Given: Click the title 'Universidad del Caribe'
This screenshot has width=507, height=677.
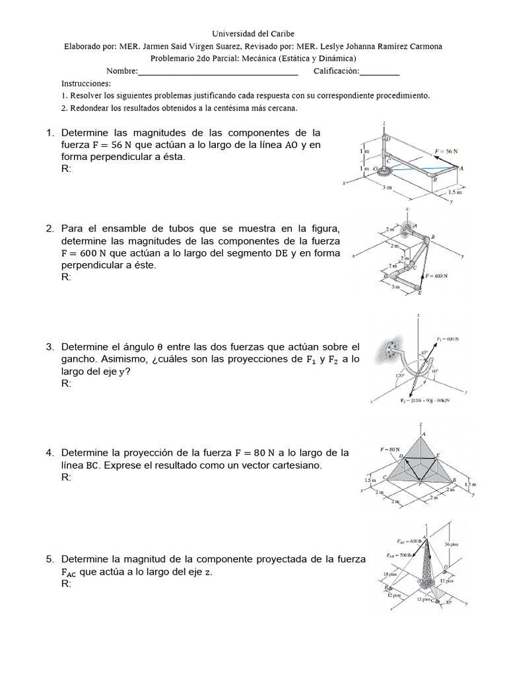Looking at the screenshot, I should pyautogui.click(x=253, y=34).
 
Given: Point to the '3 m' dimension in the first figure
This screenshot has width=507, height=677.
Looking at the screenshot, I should pyautogui.click(x=388, y=187).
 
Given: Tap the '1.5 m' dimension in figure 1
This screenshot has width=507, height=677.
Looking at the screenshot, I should pyautogui.click(x=456, y=192).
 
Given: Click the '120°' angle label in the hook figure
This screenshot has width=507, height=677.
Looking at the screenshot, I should pyautogui.click(x=399, y=375).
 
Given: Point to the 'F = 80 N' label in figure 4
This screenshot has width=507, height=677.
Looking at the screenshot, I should pyautogui.click(x=391, y=449).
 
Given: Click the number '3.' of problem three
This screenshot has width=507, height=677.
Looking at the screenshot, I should pyautogui.click(x=50, y=347).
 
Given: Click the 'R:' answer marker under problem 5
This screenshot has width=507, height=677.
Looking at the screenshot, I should pyautogui.click(x=66, y=584).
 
